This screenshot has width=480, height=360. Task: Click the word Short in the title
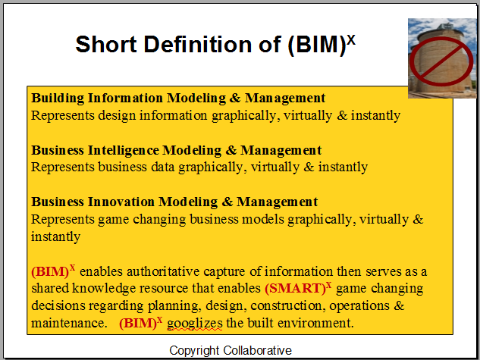[x=106, y=45]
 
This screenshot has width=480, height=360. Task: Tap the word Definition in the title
[x=198, y=45]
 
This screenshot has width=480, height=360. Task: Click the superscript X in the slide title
[x=351, y=40]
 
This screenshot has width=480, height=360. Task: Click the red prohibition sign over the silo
[x=441, y=61]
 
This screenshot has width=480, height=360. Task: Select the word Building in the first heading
[x=58, y=99]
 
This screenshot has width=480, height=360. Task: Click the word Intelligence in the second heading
[x=124, y=151]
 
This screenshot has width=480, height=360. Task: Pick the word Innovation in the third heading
[x=121, y=202]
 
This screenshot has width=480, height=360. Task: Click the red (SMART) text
[x=295, y=289]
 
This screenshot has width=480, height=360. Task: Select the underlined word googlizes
[x=195, y=324]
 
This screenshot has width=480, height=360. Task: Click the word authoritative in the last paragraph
[x=163, y=271]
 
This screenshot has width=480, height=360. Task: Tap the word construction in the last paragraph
[x=287, y=305]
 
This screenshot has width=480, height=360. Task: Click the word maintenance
[x=68, y=323]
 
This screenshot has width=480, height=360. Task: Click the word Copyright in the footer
[x=194, y=351]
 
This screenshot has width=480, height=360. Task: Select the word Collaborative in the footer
[x=257, y=350]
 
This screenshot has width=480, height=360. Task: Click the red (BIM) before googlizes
[x=138, y=324]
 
